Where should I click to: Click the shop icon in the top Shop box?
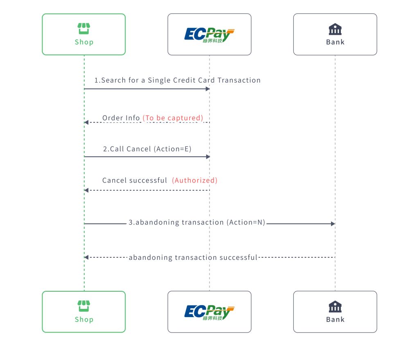84,29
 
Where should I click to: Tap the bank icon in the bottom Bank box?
335,306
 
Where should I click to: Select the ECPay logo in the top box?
209,35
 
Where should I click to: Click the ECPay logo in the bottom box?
209,313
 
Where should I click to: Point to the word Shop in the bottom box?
84,319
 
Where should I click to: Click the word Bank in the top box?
335,42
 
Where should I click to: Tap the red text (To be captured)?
173,118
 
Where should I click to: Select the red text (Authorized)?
194,180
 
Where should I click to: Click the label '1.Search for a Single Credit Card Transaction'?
177,80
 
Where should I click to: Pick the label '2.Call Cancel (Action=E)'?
147,149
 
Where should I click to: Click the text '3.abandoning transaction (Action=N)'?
197,223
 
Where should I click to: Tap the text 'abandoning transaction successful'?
193,258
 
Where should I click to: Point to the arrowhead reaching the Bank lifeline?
333,224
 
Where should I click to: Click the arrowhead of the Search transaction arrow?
207,89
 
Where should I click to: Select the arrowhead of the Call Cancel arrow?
207,157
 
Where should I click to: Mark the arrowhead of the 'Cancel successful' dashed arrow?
86,190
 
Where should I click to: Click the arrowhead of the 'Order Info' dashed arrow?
86,122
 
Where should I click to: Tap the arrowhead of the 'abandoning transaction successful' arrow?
86,257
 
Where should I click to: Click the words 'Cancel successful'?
134,180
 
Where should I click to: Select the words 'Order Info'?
121,118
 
